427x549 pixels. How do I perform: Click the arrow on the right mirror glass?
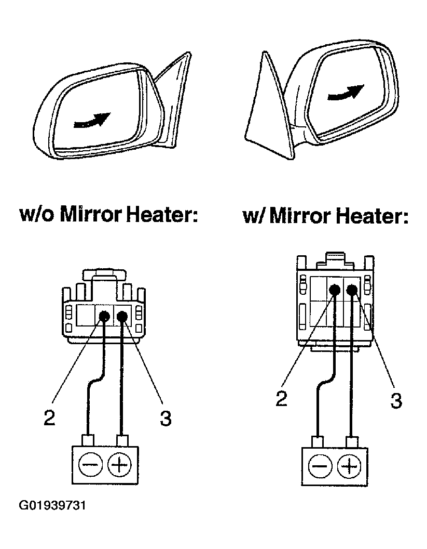(x=344, y=94)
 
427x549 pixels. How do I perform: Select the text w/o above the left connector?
(x=37, y=214)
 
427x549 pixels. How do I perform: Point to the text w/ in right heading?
(x=254, y=216)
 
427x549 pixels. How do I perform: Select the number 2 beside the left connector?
(x=50, y=417)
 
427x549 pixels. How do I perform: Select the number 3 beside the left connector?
(x=165, y=418)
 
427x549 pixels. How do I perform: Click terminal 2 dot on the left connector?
(x=104, y=316)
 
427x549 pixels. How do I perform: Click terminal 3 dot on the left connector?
(x=122, y=316)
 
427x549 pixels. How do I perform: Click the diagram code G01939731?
(x=52, y=505)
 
